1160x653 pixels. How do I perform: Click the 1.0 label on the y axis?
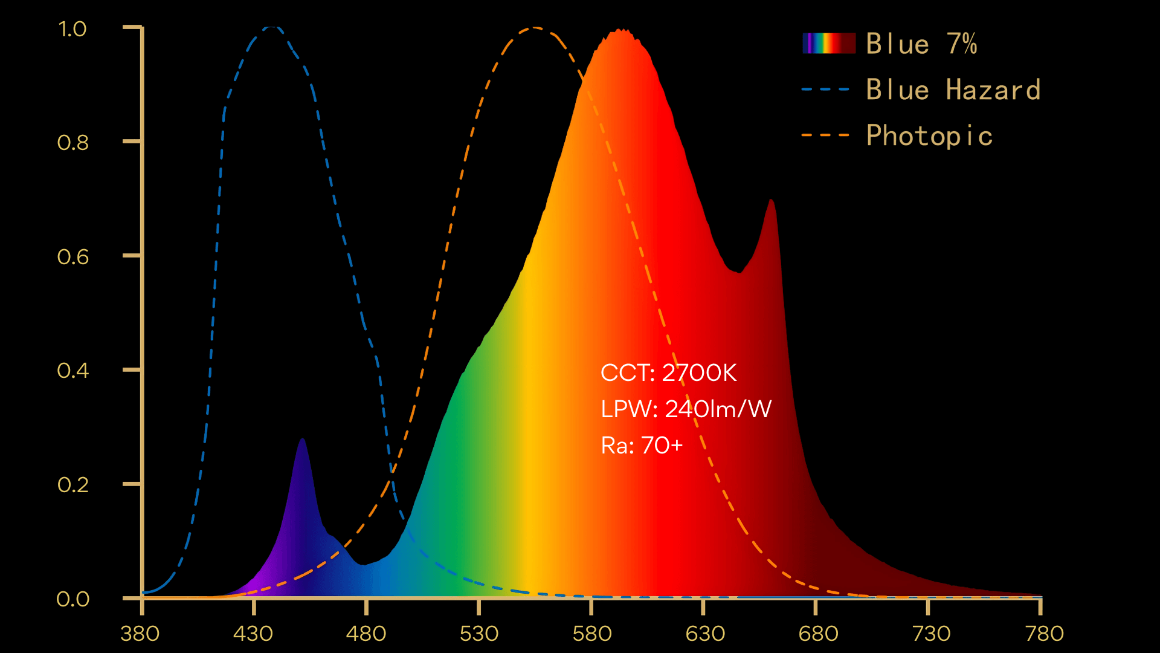pyautogui.click(x=72, y=29)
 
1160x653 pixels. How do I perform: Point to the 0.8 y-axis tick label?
pyautogui.click(x=72, y=143)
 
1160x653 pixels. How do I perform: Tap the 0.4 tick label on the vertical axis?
pyautogui.click(x=72, y=370)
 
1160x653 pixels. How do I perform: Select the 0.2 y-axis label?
pyautogui.click(x=72, y=485)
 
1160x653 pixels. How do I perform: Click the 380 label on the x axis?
pyautogui.click(x=140, y=634)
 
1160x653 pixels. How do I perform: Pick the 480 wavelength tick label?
pyautogui.click(x=366, y=634)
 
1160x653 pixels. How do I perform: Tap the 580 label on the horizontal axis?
pyautogui.click(x=592, y=634)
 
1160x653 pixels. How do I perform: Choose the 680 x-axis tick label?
pyautogui.click(x=818, y=634)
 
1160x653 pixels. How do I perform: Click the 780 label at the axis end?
pyautogui.click(x=1045, y=634)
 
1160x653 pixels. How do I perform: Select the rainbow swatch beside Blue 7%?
pyautogui.click(x=829, y=44)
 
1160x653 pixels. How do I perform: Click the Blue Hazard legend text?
pyautogui.click(x=953, y=89)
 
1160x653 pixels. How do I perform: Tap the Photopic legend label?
pyautogui.click(x=929, y=135)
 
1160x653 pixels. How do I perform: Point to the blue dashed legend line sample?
pyautogui.click(x=825, y=89)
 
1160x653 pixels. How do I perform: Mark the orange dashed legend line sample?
pyautogui.click(x=825, y=135)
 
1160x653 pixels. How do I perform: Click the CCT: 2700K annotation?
pyautogui.click(x=668, y=373)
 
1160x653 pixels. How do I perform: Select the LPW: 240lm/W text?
pyautogui.click(x=686, y=409)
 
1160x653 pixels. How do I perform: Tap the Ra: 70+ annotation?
pyautogui.click(x=642, y=446)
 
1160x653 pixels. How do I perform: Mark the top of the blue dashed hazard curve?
pyautogui.click(x=272, y=27)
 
